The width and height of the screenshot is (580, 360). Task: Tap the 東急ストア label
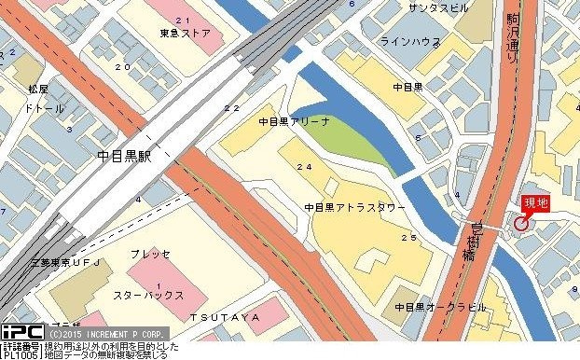[x=186, y=34]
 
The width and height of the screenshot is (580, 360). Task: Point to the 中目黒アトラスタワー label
[x=354, y=207]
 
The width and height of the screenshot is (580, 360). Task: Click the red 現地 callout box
[x=536, y=202]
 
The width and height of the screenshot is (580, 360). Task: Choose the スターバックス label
[x=148, y=295]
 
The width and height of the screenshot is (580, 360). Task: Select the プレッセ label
[x=149, y=254]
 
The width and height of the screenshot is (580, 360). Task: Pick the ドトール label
[x=44, y=108]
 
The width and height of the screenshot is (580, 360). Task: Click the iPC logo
[x=21, y=332]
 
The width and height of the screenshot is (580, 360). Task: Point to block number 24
[x=303, y=167]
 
